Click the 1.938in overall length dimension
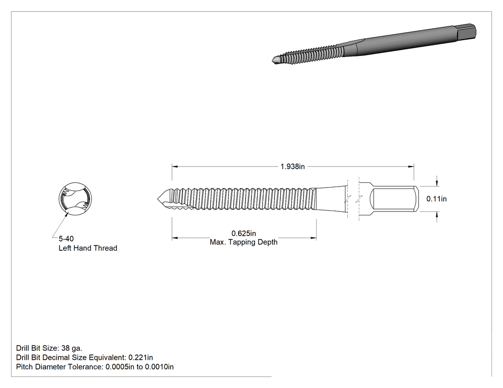click(x=292, y=166)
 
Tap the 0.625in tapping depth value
click(x=243, y=233)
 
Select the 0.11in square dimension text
click(x=436, y=199)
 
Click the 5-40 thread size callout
click(x=66, y=239)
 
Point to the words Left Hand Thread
click(x=88, y=248)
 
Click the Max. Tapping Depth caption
click(x=243, y=242)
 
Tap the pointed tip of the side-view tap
click(x=158, y=199)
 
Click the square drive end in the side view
click(x=394, y=199)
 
